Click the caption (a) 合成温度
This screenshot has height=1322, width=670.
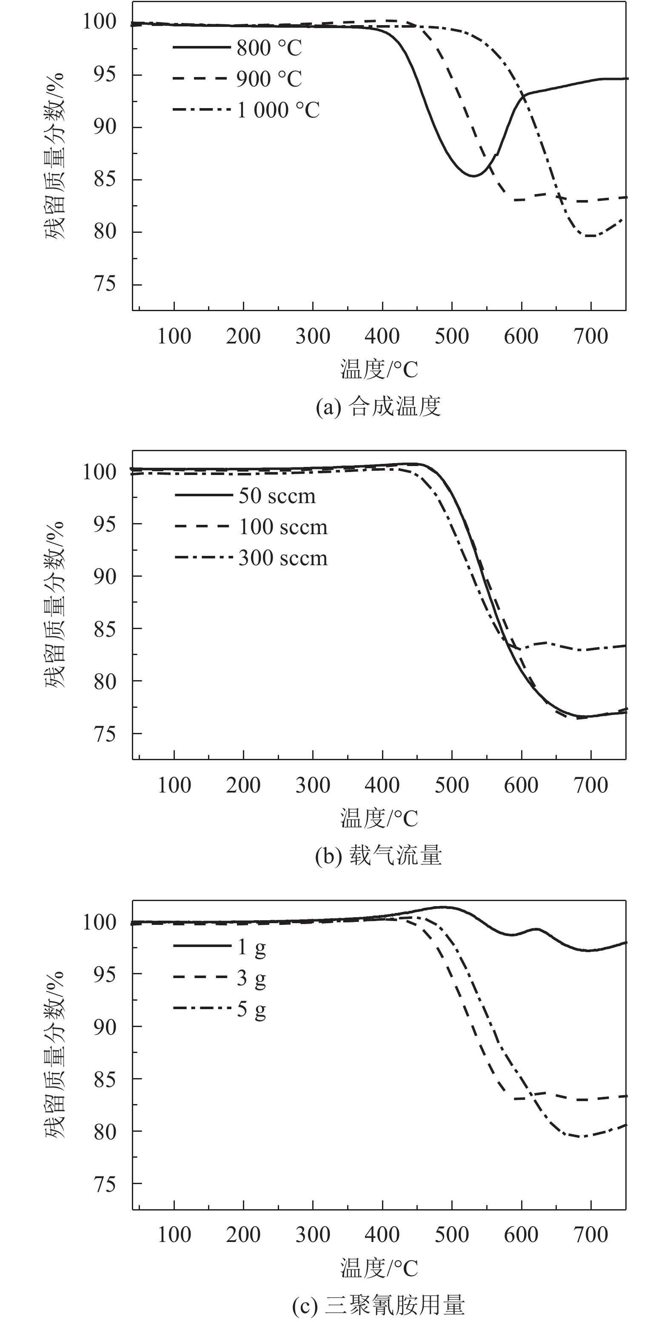click(379, 407)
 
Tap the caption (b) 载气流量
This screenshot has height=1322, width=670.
click(379, 856)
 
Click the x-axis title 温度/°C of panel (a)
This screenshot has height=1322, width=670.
click(379, 369)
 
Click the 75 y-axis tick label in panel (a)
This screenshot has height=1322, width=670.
click(105, 284)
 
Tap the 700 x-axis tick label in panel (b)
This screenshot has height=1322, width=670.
click(591, 786)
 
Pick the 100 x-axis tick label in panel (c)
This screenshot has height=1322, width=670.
click(174, 1235)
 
